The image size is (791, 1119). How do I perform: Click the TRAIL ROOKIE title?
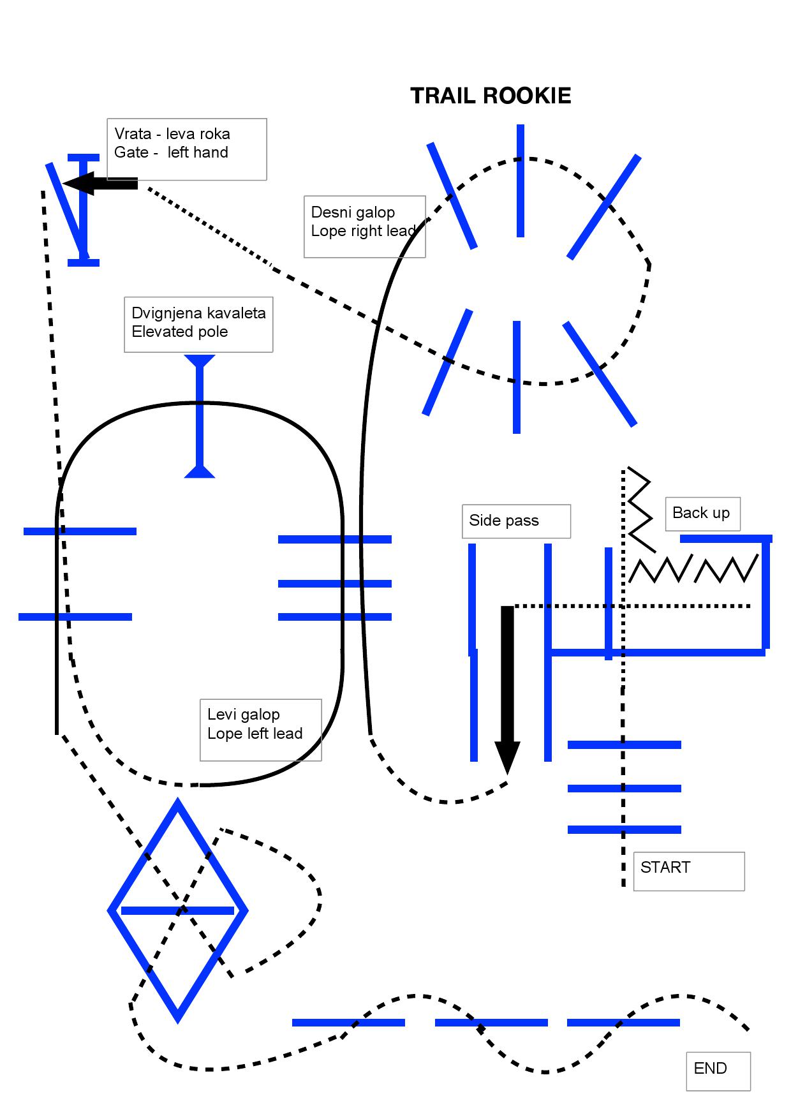pyautogui.click(x=491, y=96)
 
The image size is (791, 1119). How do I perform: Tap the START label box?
pyautogui.click(x=689, y=871)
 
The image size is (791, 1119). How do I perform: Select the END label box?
pyautogui.click(x=718, y=1071)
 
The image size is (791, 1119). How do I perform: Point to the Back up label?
pyautogui.click(x=702, y=514)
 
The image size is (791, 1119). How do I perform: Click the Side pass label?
pyautogui.click(x=516, y=521)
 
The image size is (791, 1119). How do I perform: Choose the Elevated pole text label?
pyautogui.click(x=180, y=332)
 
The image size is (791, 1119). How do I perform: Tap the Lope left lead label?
pyautogui.click(x=255, y=734)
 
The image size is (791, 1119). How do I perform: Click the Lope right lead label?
pyautogui.click(x=364, y=231)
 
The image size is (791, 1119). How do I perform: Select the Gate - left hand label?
pyautogui.click(x=172, y=152)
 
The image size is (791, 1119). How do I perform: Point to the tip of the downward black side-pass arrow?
pyautogui.click(x=507, y=774)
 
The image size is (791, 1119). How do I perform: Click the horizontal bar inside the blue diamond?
pyautogui.click(x=178, y=910)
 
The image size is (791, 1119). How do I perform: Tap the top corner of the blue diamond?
pyautogui.click(x=178, y=800)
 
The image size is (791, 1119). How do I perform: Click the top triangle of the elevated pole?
pyautogui.click(x=200, y=361)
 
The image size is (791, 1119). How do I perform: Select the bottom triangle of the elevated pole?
pyautogui.click(x=200, y=471)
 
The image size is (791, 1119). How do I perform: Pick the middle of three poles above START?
pyautogui.click(x=625, y=789)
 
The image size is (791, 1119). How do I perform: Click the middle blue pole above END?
pyautogui.click(x=491, y=1023)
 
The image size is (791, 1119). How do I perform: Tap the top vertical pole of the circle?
pyautogui.click(x=521, y=181)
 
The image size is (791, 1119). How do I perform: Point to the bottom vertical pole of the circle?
pyautogui.click(x=517, y=377)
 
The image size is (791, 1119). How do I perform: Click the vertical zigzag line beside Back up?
pyautogui.click(x=640, y=509)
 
